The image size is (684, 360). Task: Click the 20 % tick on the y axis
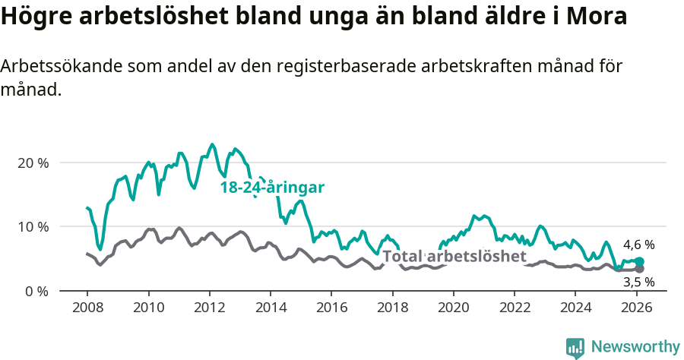click(x=33, y=163)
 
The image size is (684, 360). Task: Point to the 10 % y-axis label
click(x=33, y=227)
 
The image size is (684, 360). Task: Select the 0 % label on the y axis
click(x=36, y=291)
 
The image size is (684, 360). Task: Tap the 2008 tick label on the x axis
click(x=87, y=308)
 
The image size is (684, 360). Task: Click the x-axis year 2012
click(x=209, y=308)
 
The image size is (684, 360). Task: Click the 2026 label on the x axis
click(x=636, y=308)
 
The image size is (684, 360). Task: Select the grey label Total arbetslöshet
click(x=454, y=257)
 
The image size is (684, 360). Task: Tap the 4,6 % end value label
click(x=638, y=245)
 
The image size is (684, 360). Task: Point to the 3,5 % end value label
click(x=638, y=282)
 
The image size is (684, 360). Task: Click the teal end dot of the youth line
click(x=639, y=262)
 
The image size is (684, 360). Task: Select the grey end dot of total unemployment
click(x=639, y=269)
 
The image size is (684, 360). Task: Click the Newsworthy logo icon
click(x=575, y=348)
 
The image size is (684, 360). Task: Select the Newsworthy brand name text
click(x=635, y=347)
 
